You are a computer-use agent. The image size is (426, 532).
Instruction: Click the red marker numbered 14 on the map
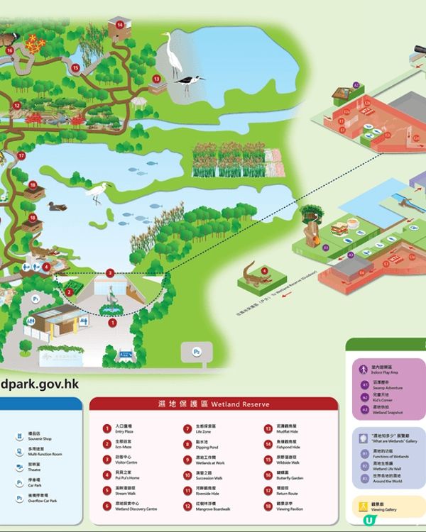coord(120,25)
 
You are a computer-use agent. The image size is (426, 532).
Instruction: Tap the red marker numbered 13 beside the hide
coord(156,79)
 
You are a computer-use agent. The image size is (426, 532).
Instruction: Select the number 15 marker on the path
coord(75,68)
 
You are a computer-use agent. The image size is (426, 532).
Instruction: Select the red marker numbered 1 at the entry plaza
coord(111,322)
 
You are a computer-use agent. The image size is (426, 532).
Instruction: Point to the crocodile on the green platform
coord(252,273)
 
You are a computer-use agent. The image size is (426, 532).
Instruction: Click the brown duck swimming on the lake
coord(55,206)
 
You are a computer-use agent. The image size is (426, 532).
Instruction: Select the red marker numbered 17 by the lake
coord(22,155)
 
